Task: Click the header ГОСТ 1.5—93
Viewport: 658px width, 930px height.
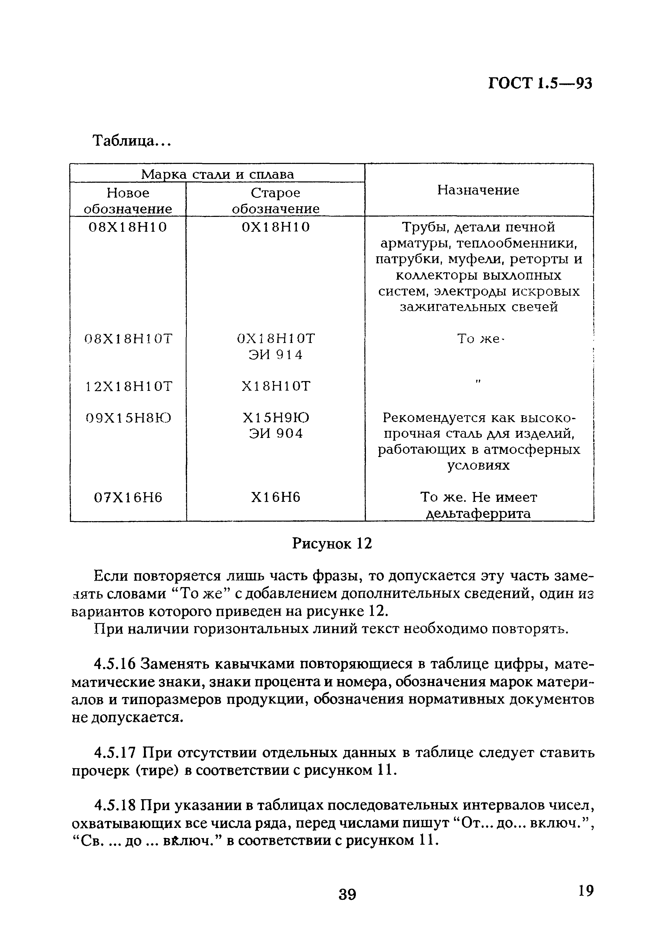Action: pos(540,83)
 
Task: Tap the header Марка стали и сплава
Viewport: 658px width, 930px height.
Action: pos(217,174)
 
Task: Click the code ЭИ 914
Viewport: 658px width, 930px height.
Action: pos(275,355)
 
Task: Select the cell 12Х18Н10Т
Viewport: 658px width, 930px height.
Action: pos(129,386)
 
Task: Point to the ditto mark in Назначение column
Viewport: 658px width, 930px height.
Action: pos(478,382)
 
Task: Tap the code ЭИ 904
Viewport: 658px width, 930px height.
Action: pos(275,434)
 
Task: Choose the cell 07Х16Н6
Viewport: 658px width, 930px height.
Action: pos(128,497)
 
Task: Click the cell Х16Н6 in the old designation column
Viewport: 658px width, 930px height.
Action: pos(275,497)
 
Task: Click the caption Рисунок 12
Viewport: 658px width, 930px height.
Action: pos(332,543)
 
